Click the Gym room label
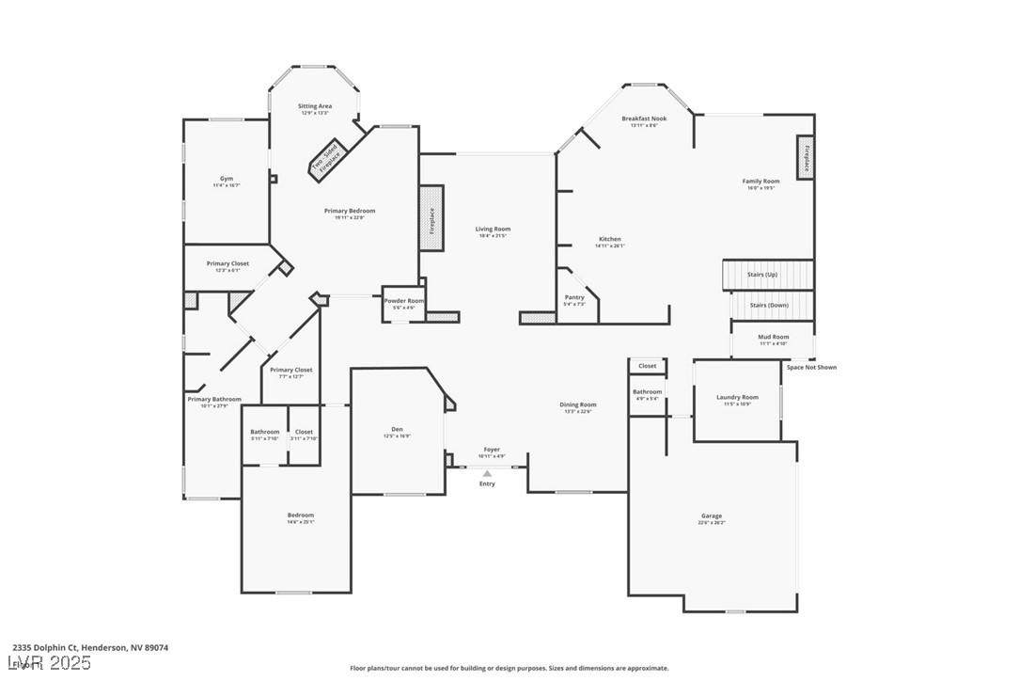click(x=227, y=178)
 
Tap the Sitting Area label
click(x=315, y=106)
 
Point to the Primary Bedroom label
click(x=349, y=211)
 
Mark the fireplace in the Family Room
click(x=806, y=157)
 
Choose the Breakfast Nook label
click(x=644, y=119)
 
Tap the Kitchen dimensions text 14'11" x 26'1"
click(x=610, y=246)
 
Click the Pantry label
click(x=574, y=297)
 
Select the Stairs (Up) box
click(x=767, y=275)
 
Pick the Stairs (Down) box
click(x=771, y=305)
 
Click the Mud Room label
click(x=774, y=336)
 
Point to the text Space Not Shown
click(x=811, y=367)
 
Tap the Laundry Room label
click(x=737, y=397)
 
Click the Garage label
click(x=712, y=515)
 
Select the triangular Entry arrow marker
click(x=487, y=473)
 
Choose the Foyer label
click(x=492, y=450)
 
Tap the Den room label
click(x=397, y=429)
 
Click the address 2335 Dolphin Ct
click(x=45, y=647)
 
